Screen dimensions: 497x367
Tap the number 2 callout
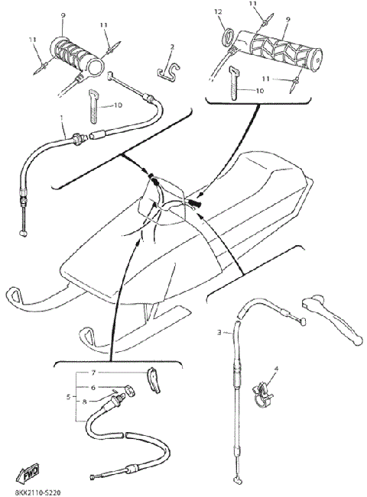(x=172, y=47)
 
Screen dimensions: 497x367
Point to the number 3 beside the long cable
(x=219, y=332)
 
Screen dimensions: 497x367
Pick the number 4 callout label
(x=276, y=370)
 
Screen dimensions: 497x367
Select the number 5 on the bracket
(x=70, y=398)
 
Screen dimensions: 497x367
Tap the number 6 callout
(x=94, y=387)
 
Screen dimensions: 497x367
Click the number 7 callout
(x=94, y=373)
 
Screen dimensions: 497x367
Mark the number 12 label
(x=217, y=13)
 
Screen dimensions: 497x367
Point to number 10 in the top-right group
(x=258, y=90)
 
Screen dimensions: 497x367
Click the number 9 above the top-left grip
(x=63, y=16)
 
